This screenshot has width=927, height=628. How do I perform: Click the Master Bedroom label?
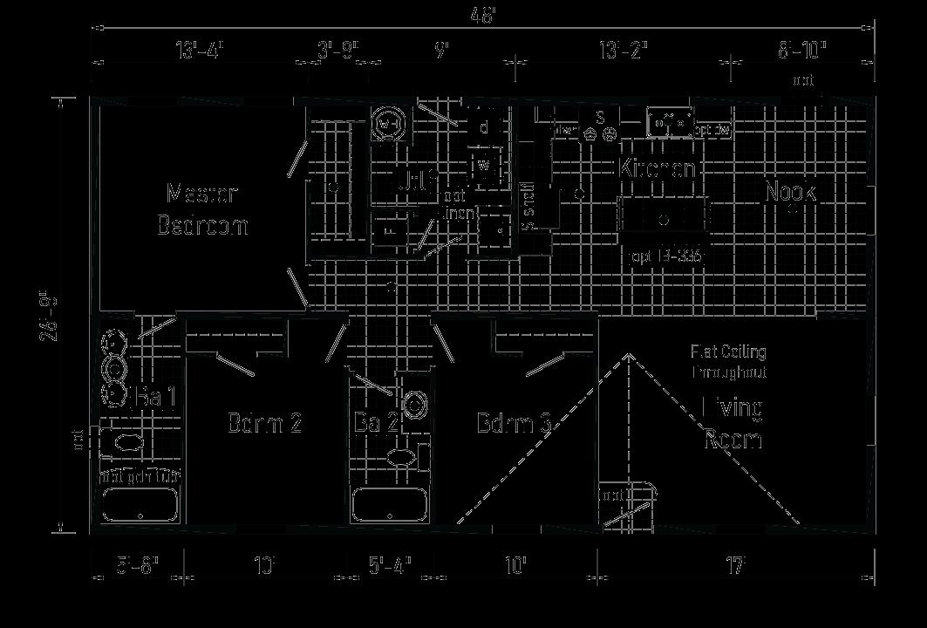[202, 209]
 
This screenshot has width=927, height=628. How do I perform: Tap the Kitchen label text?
[658, 168]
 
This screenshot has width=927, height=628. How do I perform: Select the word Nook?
[790, 192]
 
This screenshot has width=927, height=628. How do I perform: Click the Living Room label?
[733, 423]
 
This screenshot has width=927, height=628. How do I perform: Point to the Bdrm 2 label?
[264, 424]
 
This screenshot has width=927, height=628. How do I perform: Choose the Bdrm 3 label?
[515, 424]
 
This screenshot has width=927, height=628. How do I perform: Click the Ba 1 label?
[157, 398]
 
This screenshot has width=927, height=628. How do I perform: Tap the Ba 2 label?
[376, 424]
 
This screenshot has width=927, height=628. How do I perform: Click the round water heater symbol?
[387, 125]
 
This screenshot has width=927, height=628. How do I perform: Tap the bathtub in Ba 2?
[389, 505]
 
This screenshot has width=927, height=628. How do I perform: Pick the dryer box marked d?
[483, 127]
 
